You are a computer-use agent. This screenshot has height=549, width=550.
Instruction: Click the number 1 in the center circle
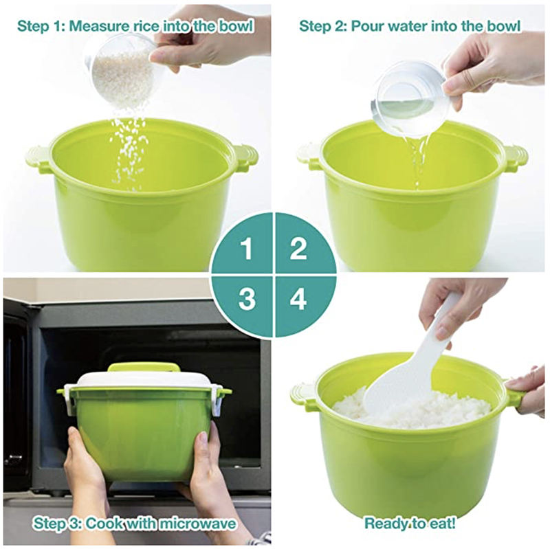[247, 248]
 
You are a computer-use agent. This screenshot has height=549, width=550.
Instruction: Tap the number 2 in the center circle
[298, 248]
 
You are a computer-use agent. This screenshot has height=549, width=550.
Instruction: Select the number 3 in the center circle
[247, 299]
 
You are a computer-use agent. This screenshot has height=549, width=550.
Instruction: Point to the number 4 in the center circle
[298, 299]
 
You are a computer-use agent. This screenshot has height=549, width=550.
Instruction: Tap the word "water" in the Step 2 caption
[408, 26]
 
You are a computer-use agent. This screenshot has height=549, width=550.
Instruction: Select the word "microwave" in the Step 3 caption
[197, 524]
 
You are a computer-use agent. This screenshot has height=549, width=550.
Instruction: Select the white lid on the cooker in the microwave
[147, 381]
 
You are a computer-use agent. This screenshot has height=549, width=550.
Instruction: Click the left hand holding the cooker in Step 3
[86, 473]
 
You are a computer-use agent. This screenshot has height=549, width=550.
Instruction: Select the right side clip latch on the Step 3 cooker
[219, 403]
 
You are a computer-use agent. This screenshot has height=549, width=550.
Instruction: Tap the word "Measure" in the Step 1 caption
[99, 26]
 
